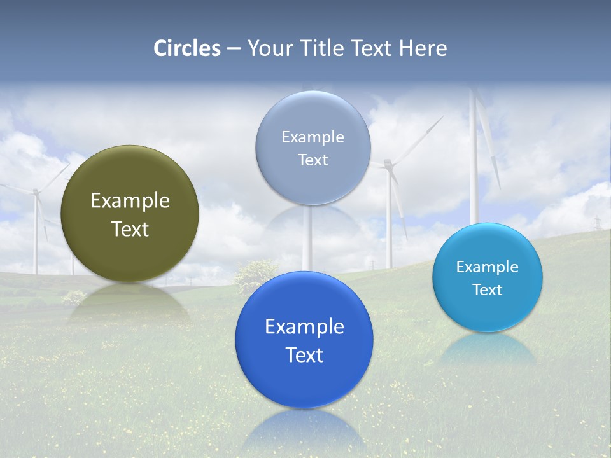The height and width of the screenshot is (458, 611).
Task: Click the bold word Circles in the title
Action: [186, 48]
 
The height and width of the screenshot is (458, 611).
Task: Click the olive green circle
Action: [130, 248]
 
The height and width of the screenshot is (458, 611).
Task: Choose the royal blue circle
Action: [304, 382]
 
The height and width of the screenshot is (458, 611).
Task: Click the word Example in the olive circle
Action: [130, 201]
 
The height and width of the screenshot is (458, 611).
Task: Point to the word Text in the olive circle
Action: [130, 229]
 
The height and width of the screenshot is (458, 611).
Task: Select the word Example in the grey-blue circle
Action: [313, 137]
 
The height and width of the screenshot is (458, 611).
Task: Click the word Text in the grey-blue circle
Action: [313, 160]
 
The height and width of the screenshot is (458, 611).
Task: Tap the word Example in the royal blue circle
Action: [304, 327]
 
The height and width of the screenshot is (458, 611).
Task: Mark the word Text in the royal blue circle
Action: [304, 355]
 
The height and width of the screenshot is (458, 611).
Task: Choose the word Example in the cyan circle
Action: [488, 267]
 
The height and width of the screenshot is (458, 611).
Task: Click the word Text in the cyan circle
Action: [488, 290]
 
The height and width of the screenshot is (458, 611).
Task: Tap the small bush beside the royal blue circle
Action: [255, 274]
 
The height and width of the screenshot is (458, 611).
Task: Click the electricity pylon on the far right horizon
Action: [597, 223]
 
